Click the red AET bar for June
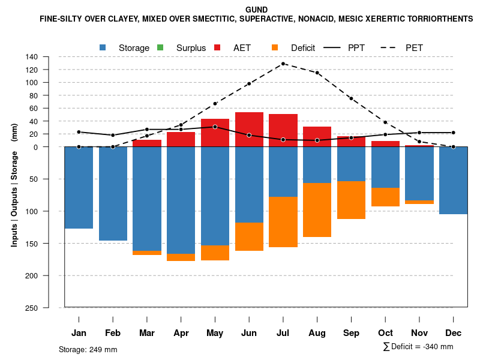pyautogui.click(x=249, y=129)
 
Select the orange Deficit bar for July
pyautogui.click(x=283, y=221)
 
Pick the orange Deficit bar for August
pyautogui.click(x=317, y=209)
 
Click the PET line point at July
pyautogui.click(x=283, y=64)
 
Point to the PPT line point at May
pyautogui.click(x=215, y=127)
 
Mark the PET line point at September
pyautogui.click(x=351, y=98)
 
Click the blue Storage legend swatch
pyautogui.click(x=103, y=47)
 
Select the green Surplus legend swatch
pyautogui.click(x=160, y=47)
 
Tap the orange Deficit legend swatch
pyautogui.click(x=275, y=47)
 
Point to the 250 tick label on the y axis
pyautogui.click(x=48, y=308)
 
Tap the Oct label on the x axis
pyautogui.click(x=385, y=333)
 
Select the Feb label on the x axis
pyautogui.click(x=113, y=333)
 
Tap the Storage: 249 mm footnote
pyautogui.click(x=88, y=349)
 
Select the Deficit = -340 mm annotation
pyautogui.click(x=418, y=347)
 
